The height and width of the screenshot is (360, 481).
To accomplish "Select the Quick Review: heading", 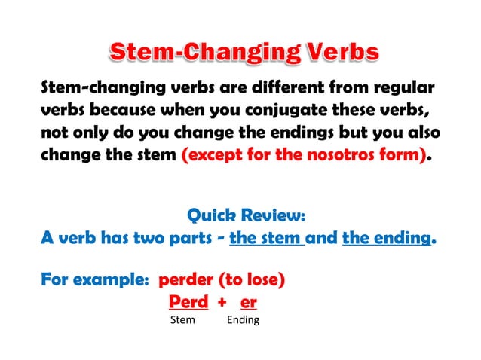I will point(246,215).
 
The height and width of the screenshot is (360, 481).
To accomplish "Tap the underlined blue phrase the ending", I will point(388,239).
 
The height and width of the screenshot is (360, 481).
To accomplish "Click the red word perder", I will point(185,281).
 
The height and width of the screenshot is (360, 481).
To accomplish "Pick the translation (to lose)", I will point(251,281).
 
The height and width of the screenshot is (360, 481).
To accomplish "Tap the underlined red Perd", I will point(187,301).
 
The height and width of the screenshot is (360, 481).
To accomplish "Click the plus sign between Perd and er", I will point(222,302).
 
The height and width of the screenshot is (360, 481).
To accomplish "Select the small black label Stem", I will point(183,320).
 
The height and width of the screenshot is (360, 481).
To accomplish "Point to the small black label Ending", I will point(243,320).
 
